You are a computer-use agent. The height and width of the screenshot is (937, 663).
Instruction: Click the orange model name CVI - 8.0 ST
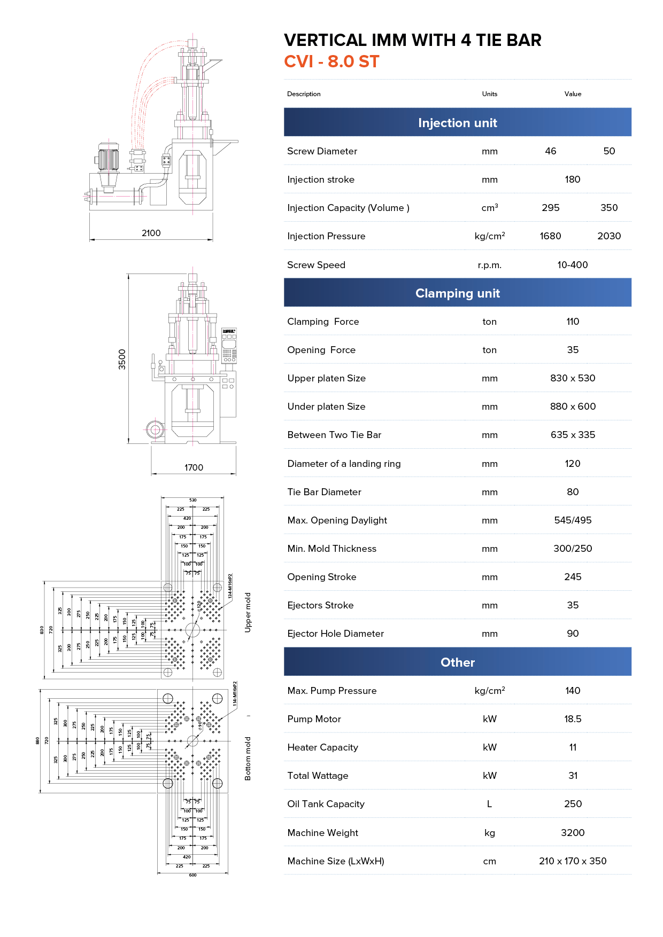tap(331, 62)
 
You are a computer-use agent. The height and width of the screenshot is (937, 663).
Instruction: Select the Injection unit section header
tap(457, 123)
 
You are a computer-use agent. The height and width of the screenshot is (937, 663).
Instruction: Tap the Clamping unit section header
tap(457, 293)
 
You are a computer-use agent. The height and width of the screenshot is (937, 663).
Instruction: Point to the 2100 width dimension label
tap(151, 233)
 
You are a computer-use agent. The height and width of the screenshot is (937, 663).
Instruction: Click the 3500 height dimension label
tap(122, 359)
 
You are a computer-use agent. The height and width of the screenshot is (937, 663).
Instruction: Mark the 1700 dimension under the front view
tap(194, 467)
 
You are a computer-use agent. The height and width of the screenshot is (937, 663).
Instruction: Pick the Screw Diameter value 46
tap(551, 151)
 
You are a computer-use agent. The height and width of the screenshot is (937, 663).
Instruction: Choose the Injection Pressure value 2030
tap(609, 236)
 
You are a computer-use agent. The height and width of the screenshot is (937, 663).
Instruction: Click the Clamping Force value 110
tap(573, 322)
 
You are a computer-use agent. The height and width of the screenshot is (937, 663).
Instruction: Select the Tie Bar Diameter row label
tap(324, 492)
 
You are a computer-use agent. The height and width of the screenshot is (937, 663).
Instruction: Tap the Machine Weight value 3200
tap(573, 833)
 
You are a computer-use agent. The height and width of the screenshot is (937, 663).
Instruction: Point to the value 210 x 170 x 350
tap(573, 861)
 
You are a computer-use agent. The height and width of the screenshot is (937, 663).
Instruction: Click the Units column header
tap(489, 94)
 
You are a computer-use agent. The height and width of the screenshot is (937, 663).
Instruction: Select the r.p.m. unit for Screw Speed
tap(489, 265)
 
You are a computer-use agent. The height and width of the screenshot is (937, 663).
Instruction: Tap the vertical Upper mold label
tap(248, 612)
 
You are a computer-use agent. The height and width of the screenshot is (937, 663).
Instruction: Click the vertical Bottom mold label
tap(248, 759)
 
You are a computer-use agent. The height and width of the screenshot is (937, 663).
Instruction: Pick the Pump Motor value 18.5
tap(573, 719)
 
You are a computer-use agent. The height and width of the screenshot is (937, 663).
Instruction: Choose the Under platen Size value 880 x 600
tap(573, 407)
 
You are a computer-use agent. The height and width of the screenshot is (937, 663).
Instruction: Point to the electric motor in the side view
tap(109, 158)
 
